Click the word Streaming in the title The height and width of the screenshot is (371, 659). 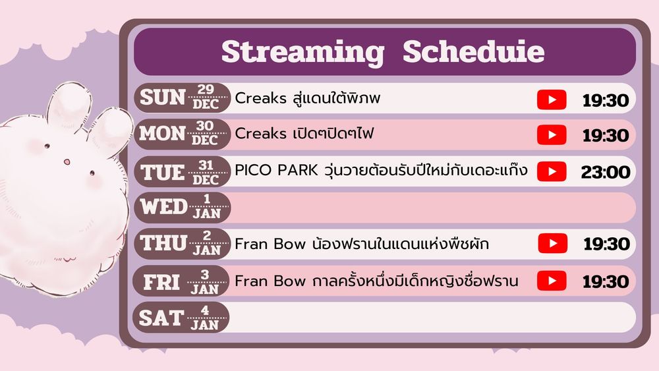pyautogui.click(x=302, y=53)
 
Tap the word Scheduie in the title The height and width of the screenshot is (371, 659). pyautogui.click(x=473, y=51)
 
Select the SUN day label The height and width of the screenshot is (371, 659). pyautogui.click(x=163, y=98)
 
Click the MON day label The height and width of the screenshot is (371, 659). pyautogui.click(x=162, y=134)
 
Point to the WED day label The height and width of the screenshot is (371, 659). pyautogui.click(x=163, y=207)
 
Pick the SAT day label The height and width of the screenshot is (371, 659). pyautogui.click(x=161, y=318)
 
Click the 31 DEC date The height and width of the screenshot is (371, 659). pyautogui.click(x=206, y=172)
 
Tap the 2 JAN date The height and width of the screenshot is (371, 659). pyautogui.click(x=206, y=244)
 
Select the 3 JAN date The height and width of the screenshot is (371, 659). pyautogui.click(x=205, y=281)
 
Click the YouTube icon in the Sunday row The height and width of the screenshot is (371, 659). pyautogui.click(x=552, y=100)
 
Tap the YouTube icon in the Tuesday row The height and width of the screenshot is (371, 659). pyautogui.click(x=552, y=171)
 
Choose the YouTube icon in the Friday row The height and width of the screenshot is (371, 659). pyautogui.click(x=552, y=281)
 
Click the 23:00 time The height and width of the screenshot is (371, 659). pyautogui.click(x=606, y=172)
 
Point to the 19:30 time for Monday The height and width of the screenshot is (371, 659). pyautogui.click(x=606, y=136)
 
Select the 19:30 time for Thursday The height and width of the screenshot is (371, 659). pyautogui.click(x=606, y=244)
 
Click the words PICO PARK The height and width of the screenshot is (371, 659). pyautogui.click(x=276, y=170)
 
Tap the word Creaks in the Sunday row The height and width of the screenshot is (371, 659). pyautogui.click(x=260, y=98)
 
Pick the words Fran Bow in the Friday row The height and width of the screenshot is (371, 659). pyautogui.click(x=270, y=281)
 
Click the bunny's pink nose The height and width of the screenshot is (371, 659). pyautogui.click(x=67, y=161)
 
